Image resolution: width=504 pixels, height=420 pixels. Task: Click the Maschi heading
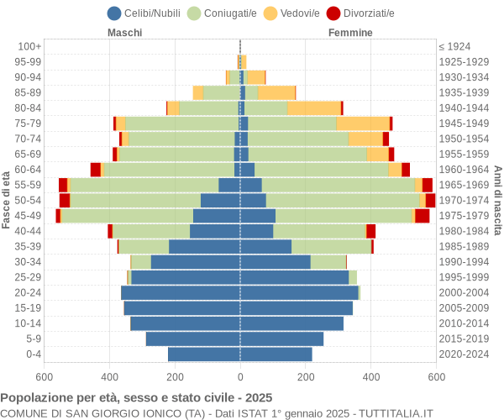click(124, 33)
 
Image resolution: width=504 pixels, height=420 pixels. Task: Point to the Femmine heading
click(350, 33)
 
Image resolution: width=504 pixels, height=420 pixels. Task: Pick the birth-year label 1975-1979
click(465, 216)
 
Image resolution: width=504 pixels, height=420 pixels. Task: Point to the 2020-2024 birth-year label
click(465, 354)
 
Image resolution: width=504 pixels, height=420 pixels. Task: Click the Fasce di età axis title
click(7, 200)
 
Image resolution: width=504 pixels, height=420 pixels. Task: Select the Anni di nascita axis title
click(497, 200)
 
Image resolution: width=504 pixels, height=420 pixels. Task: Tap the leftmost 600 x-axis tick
click(45, 378)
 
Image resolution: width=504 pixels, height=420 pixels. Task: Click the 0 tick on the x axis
click(240, 378)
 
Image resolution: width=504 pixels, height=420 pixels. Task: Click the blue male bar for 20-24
click(181, 292)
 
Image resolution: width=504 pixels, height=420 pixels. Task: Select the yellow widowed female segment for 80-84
click(313, 108)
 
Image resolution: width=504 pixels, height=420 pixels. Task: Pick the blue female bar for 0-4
click(276, 354)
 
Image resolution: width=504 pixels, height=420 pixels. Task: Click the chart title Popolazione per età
click(136, 397)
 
